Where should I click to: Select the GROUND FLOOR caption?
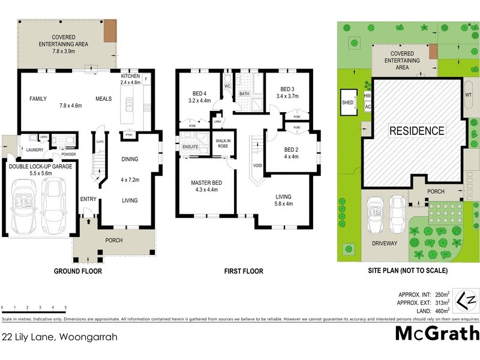(78, 271)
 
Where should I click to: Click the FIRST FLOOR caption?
(244, 271)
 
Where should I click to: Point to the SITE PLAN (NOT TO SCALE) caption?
(408, 271)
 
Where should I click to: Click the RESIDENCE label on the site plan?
(417, 131)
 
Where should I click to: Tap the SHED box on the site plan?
(348, 102)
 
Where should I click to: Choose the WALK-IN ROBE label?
(223, 143)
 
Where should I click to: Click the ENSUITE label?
(190, 146)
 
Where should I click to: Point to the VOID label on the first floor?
(259, 165)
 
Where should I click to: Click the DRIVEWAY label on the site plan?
(384, 243)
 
